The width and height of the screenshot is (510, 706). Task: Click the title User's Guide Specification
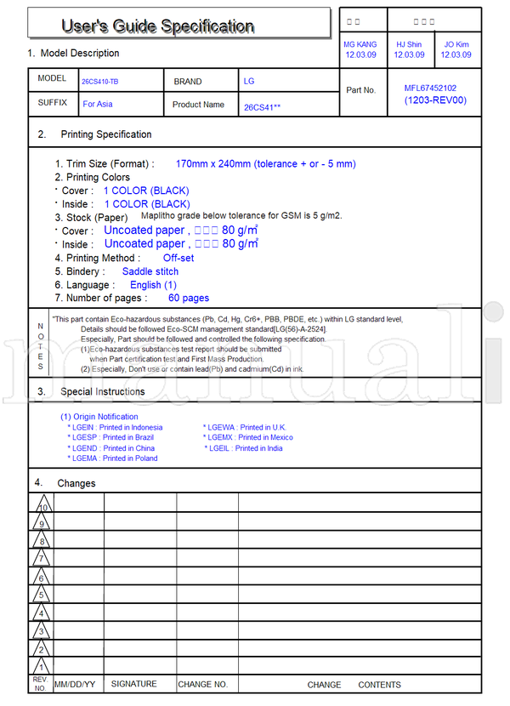[x=157, y=26]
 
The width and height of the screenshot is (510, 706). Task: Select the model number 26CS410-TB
[x=100, y=83]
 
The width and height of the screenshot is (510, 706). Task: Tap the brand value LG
[x=249, y=82]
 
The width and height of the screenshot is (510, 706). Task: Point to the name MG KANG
[x=361, y=44]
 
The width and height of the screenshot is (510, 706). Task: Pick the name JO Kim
[x=456, y=44]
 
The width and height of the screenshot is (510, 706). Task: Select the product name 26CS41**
[x=262, y=107]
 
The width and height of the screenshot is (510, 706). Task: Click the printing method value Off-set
[x=178, y=258]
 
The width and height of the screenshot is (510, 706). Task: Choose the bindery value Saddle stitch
[x=150, y=271]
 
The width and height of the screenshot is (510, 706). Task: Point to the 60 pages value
[x=189, y=298]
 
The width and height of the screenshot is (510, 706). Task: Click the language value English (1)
[x=153, y=285]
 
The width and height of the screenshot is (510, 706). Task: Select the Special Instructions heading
[x=102, y=391]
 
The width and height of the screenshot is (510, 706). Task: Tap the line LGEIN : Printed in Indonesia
[x=117, y=427]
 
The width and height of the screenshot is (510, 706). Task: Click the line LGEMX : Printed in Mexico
[x=250, y=437]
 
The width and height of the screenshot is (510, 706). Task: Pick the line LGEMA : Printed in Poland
[x=115, y=458]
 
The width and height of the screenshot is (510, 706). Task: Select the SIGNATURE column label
[x=134, y=684]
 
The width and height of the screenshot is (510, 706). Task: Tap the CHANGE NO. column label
[x=202, y=684]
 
